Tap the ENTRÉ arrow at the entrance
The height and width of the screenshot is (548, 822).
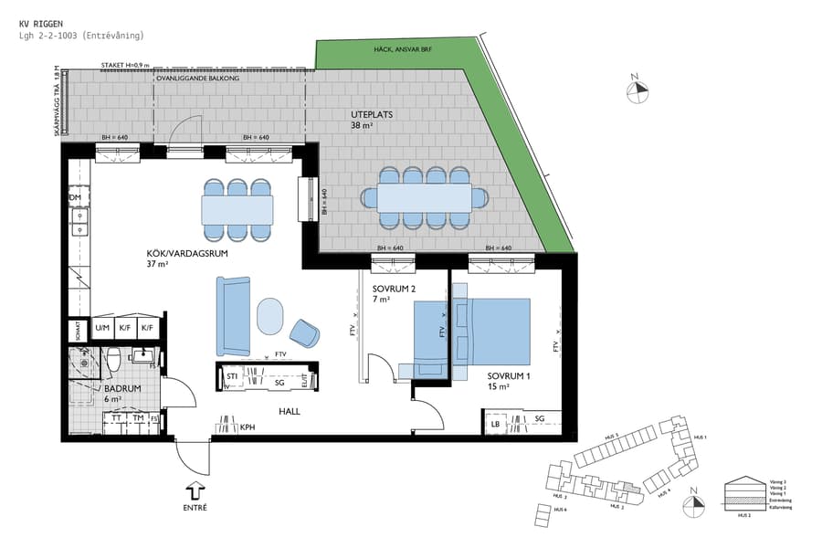pos(195,490)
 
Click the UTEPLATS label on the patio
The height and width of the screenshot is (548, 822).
pos(372,115)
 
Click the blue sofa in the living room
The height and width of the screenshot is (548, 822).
pos(232,316)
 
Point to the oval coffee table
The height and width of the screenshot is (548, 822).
pos(270,316)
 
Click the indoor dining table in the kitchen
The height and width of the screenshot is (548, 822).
pos(237,211)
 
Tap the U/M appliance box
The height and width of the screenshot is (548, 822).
pos(102,327)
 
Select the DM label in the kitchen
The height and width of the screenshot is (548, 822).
pos(76,197)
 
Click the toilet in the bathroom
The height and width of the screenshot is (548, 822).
pos(114,358)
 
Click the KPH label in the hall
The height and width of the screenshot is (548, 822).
pos(248,427)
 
